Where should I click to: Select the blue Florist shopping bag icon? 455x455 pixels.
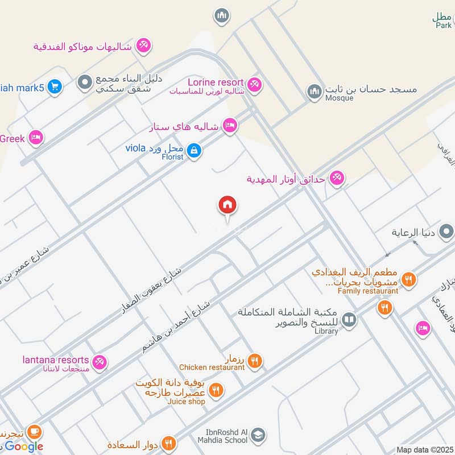point(194,150)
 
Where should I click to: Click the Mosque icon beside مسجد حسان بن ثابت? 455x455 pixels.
point(315,91)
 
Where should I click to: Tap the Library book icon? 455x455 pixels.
point(349,320)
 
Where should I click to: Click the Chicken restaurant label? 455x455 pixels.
point(212,367)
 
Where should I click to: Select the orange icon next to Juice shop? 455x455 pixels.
point(216,390)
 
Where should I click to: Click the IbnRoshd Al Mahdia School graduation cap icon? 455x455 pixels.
point(258,435)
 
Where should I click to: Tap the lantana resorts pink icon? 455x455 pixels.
point(100,362)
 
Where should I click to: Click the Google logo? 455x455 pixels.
point(24,446)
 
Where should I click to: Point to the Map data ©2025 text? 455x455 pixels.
point(425,450)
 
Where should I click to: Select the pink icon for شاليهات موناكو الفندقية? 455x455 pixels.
point(144,45)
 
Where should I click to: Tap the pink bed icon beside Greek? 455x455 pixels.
point(36,137)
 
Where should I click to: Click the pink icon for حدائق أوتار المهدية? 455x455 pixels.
point(337,179)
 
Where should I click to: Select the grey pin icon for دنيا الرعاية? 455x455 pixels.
point(447,232)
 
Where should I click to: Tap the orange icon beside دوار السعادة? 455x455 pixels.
point(168,442)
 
